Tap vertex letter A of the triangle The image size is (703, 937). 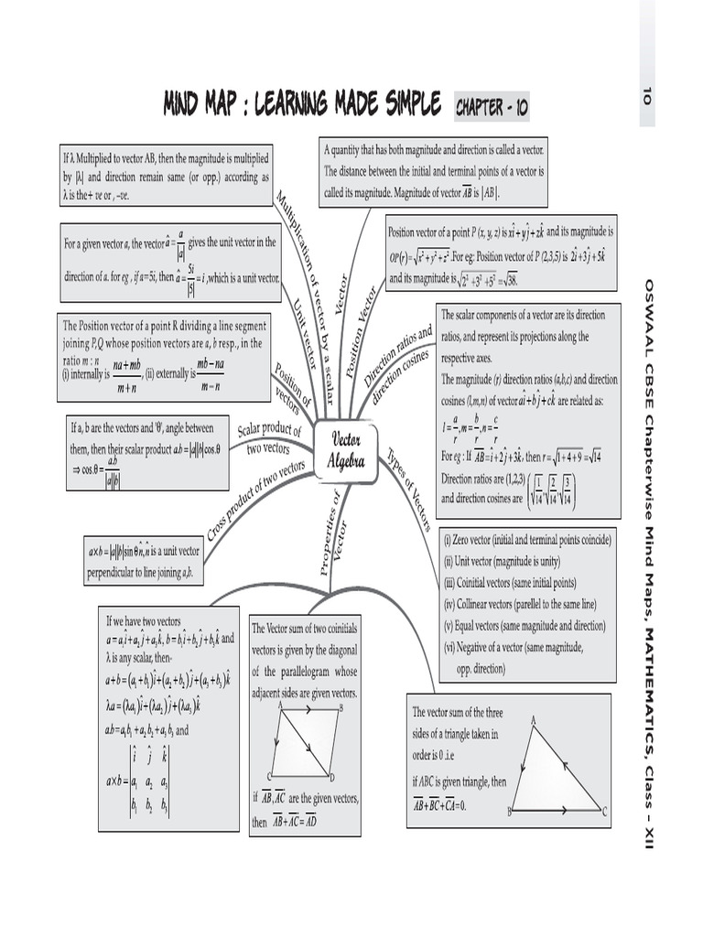(x=533, y=721)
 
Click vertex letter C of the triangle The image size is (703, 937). (x=605, y=810)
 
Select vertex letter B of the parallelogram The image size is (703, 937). (x=341, y=708)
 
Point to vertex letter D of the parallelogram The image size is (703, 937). (x=331, y=776)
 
